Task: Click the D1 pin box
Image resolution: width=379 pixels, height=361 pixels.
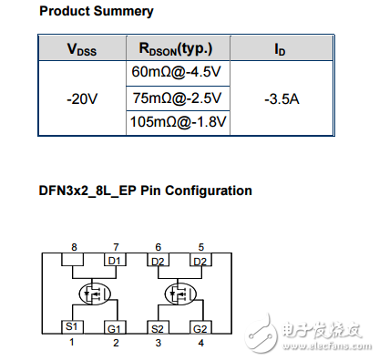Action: coord(115,262)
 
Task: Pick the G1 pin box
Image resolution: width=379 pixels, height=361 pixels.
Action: coord(115,326)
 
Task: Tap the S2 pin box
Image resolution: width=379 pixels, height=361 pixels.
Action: coord(157,326)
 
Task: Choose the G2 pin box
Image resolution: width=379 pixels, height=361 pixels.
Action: coord(200,326)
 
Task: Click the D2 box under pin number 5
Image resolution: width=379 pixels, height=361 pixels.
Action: coord(200,262)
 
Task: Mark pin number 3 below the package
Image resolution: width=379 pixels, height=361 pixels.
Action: coord(157,343)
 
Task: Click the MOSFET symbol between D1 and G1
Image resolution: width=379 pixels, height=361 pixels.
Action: coord(92,294)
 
